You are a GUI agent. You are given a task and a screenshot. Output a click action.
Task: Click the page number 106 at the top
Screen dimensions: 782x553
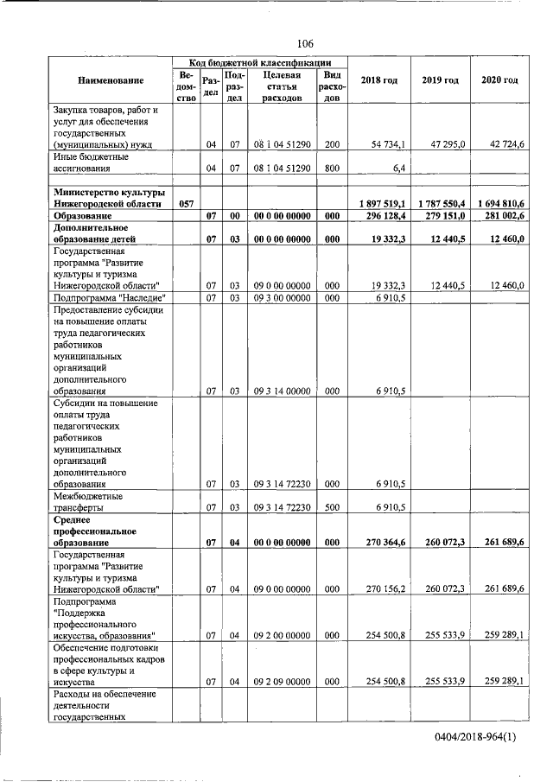304,43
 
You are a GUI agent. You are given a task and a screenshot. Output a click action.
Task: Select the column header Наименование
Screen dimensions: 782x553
110,80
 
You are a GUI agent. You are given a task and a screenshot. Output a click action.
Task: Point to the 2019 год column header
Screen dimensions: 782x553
440,80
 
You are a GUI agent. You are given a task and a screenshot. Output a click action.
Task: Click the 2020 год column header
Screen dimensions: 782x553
499,80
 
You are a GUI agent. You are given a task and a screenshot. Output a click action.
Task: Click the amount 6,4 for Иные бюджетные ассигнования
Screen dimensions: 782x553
397,169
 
